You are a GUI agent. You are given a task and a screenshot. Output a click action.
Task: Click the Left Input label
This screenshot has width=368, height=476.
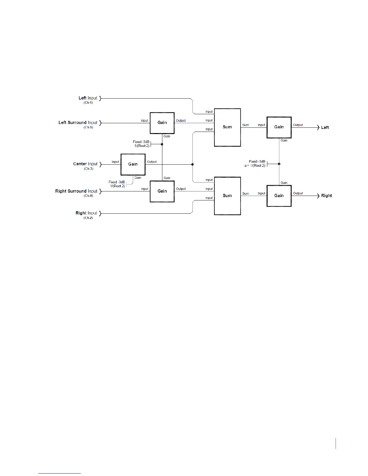88,98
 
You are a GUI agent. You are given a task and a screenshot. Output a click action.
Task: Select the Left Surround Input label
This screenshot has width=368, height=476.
78,123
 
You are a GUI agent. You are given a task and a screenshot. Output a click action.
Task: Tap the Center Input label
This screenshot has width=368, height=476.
85,164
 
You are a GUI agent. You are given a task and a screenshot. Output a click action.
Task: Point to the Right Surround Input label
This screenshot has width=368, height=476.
76,191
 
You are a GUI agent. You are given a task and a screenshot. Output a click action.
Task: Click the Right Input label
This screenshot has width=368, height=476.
86,213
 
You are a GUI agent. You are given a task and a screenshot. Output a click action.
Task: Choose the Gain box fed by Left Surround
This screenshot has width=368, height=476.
162,123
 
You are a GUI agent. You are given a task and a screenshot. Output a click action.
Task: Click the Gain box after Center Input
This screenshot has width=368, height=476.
133,164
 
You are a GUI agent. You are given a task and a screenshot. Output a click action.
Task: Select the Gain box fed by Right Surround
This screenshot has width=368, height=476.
162,191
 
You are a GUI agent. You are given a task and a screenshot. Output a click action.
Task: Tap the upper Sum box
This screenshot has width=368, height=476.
227,127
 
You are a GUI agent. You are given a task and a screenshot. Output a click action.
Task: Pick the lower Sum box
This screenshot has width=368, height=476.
227,196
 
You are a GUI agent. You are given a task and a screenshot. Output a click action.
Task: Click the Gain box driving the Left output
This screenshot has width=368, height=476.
279,127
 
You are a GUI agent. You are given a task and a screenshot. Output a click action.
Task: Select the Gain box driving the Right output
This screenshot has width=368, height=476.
279,196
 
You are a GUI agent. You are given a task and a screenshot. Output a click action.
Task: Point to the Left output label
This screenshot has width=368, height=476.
325,127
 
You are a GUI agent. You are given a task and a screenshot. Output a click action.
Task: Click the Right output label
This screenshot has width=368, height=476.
327,196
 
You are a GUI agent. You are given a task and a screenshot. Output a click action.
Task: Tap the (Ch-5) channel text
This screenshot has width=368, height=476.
88,127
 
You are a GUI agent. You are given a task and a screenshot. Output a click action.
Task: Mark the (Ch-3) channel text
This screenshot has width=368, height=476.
88,169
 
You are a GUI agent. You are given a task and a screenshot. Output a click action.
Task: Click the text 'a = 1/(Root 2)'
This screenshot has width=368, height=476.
255,166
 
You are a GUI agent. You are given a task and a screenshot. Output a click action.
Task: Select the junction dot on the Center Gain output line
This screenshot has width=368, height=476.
192,164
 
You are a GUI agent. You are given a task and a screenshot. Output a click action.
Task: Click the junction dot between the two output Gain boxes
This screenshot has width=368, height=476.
279,164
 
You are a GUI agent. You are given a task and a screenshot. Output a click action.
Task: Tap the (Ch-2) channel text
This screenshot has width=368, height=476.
88,218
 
